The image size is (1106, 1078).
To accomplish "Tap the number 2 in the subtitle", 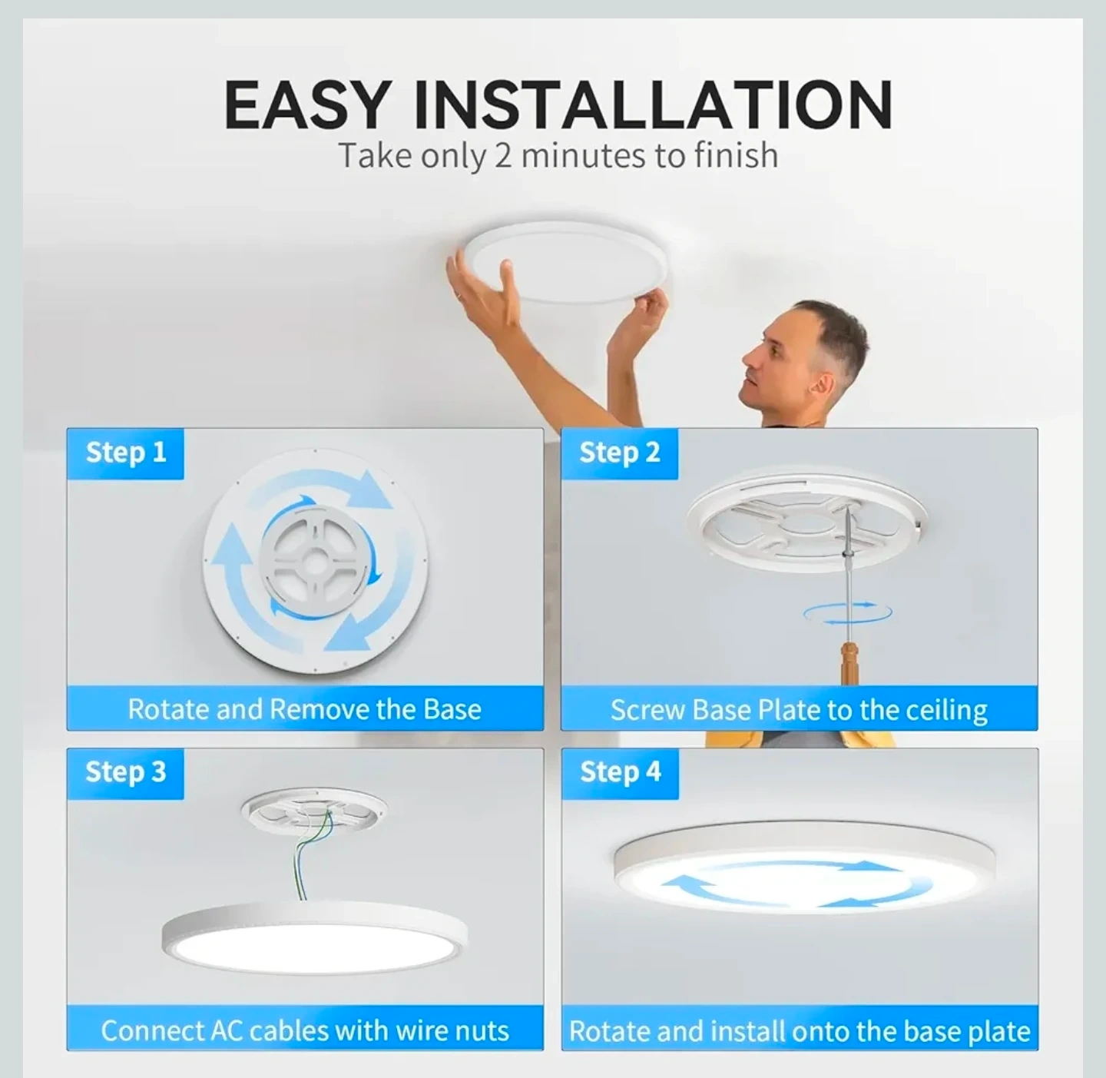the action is (x=503, y=155).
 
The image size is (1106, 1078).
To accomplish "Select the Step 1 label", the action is (x=126, y=453).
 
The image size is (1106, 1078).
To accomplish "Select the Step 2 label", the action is (x=620, y=453).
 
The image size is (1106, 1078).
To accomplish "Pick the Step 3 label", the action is (x=126, y=772).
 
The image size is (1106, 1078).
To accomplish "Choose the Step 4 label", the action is (x=620, y=772).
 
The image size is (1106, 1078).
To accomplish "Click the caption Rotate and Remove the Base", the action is (x=305, y=709).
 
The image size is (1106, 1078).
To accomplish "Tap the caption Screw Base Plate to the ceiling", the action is (x=799, y=709).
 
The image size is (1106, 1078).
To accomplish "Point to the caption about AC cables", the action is (x=305, y=1030).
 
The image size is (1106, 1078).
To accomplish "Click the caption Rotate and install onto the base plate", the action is (x=800, y=1031).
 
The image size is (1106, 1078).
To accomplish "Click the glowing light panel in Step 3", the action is (x=314, y=947).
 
